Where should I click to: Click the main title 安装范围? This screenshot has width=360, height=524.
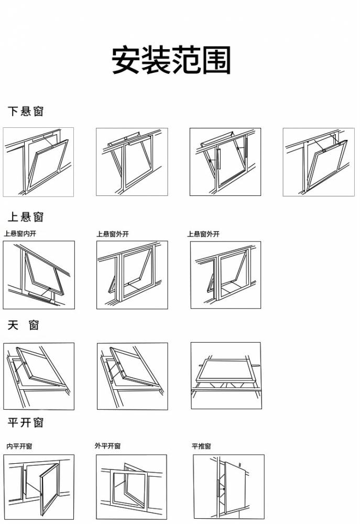[x=171, y=60]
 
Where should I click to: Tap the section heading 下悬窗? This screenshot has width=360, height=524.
[x=25, y=111]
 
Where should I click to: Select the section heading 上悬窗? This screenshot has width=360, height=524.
[x=25, y=217]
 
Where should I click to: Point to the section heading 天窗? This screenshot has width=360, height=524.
[x=24, y=325]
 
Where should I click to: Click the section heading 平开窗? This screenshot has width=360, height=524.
[x=25, y=422]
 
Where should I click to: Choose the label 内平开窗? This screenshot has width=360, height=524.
[x=19, y=446]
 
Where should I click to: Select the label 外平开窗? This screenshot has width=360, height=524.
[x=107, y=446]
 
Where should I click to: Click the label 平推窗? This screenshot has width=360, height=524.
[x=201, y=446]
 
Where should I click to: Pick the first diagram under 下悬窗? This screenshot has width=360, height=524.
[x=38, y=162]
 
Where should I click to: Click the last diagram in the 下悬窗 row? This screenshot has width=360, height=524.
[x=318, y=162]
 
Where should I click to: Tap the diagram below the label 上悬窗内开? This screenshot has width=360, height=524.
[x=39, y=275]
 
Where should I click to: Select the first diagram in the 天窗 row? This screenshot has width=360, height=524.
[x=39, y=376]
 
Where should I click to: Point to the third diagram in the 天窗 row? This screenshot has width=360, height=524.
[x=226, y=376]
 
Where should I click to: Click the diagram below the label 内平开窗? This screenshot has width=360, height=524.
[x=39, y=487]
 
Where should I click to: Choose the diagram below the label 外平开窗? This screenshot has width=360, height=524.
[x=132, y=487]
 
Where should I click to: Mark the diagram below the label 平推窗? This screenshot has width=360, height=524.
[x=228, y=487]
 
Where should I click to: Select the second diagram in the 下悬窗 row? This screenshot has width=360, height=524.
[x=132, y=162]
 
